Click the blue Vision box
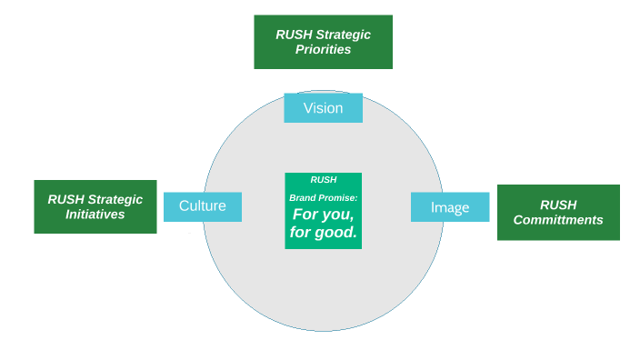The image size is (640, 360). point(323,108)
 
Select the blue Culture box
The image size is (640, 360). point(202,206)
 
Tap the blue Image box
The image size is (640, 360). point(450,207)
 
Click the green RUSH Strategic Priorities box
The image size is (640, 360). point(323,42)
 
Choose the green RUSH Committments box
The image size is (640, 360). point(558,213)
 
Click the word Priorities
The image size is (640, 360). point(323,49)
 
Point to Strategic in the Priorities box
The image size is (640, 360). point(343,35)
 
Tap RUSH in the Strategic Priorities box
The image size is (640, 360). point(294,35)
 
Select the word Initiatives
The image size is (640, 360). point(95,215)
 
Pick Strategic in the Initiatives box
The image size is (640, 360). point(115,200)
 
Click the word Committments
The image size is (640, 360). point(558,220)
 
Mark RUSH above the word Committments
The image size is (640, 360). point(558,205)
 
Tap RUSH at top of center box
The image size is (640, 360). point(323,180)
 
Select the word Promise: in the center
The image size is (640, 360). point(339,197)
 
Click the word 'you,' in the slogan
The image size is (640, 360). point(339,216)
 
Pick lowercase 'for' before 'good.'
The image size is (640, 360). point(300,234)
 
